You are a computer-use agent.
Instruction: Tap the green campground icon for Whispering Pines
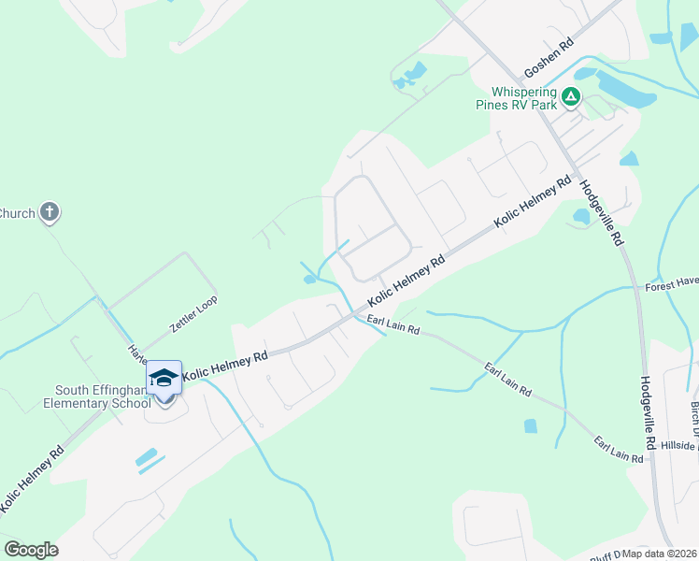click(x=571, y=94)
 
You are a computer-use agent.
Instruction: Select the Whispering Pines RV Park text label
click(x=524, y=99)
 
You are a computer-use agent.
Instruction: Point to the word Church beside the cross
click(x=17, y=213)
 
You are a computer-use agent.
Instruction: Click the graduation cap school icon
click(x=164, y=378)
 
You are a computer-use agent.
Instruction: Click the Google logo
click(x=31, y=550)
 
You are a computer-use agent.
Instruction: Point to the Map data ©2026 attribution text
click(x=661, y=554)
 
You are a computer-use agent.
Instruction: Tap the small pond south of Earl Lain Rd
click(x=531, y=426)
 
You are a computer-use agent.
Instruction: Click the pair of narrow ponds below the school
click(x=150, y=458)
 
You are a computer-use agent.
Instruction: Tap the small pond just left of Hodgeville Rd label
click(x=581, y=217)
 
